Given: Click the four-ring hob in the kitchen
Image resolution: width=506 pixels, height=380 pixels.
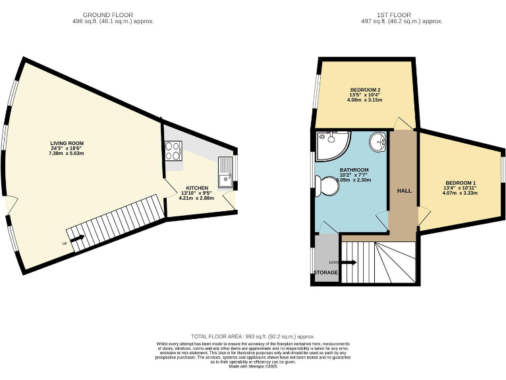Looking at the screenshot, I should (x=174, y=152).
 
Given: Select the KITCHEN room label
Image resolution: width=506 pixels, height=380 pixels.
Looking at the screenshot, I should (x=197, y=187).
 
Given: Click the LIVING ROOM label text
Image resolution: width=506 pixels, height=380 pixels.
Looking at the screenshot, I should (x=67, y=143).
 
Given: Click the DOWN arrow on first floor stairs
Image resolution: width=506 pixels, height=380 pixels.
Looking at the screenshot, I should (x=349, y=263).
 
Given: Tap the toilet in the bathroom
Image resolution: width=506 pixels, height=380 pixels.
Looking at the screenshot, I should (x=327, y=187).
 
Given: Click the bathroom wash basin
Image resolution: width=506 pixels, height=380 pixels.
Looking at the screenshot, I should (x=378, y=140).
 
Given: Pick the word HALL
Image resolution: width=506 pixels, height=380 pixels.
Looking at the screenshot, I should (x=404, y=190).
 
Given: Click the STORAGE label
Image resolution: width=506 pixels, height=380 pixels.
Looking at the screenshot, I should (x=326, y=272).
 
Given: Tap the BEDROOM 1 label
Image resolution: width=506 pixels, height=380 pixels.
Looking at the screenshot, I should (x=461, y=183).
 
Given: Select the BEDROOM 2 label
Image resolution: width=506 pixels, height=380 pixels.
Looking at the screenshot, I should (x=365, y=90).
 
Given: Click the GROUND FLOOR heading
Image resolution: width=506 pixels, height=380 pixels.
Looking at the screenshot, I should (x=108, y=15).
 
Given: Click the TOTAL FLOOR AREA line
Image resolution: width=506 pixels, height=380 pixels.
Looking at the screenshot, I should (x=253, y=336).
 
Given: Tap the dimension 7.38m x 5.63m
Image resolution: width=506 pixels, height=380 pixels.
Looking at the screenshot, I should (x=67, y=153).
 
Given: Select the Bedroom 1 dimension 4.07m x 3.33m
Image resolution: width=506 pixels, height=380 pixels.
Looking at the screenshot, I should (x=461, y=193).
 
